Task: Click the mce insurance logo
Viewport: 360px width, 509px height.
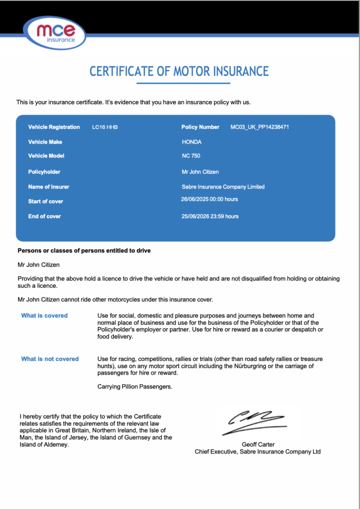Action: (56, 33)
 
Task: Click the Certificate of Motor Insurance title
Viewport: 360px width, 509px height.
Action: (179, 72)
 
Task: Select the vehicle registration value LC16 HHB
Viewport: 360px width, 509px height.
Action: (105, 127)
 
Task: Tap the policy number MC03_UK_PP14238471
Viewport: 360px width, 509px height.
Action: (259, 127)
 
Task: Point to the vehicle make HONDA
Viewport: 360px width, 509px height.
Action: (191, 142)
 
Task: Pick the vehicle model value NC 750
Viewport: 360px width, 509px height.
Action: (191, 156)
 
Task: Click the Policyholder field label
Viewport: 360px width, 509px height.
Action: (44, 172)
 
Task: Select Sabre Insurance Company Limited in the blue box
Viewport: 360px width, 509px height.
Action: (223, 187)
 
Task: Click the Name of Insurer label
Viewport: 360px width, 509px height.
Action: (49, 187)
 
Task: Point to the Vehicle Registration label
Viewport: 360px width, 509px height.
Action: (54, 127)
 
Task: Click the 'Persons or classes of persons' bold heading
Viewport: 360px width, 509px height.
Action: (84, 251)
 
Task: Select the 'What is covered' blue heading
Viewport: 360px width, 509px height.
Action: (44, 316)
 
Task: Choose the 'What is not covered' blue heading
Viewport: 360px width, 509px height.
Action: (50, 359)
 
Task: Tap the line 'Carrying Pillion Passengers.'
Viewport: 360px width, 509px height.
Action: (135, 387)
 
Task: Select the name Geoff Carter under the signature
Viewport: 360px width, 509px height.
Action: (258, 444)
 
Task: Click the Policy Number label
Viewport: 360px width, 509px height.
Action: (200, 127)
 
